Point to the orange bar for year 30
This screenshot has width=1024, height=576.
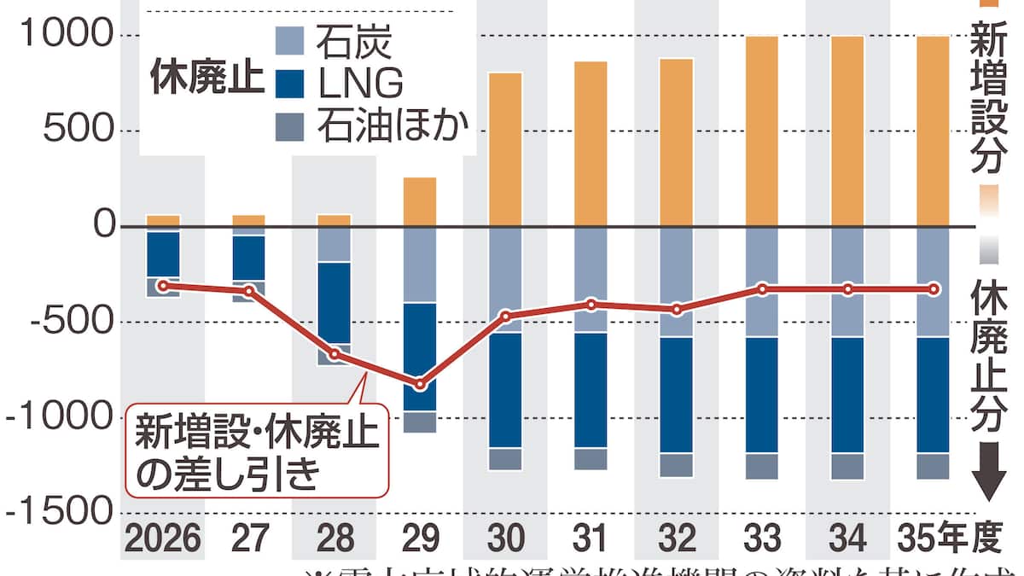(505, 149)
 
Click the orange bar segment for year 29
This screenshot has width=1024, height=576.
(419, 201)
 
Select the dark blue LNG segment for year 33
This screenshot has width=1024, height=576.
(762, 394)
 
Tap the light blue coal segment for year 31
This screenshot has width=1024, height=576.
(591, 279)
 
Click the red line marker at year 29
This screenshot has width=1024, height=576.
(420, 385)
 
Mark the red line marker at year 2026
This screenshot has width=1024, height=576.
(162, 285)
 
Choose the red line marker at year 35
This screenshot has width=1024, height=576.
(934, 289)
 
